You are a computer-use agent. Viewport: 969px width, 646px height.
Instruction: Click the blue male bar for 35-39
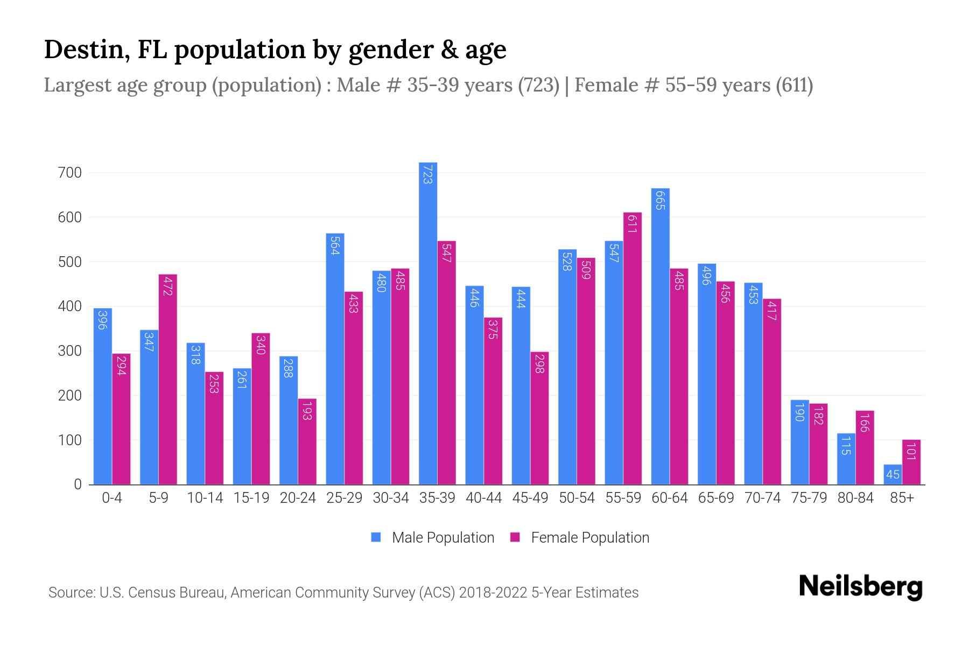click(x=428, y=323)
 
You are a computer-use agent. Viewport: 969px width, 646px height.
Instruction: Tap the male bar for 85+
click(x=893, y=474)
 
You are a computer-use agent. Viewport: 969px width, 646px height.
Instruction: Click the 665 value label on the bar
click(x=661, y=200)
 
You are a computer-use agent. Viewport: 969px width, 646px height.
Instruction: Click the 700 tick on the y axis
click(x=71, y=173)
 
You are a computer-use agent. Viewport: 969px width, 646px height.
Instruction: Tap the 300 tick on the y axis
click(x=71, y=351)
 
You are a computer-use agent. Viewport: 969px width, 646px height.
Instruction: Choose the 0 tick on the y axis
click(x=78, y=484)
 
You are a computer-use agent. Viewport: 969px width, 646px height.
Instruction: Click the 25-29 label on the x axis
click(x=344, y=498)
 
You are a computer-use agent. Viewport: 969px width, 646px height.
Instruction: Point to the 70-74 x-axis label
click(x=762, y=498)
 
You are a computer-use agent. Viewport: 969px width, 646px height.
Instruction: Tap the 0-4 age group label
click(x=112, y=498)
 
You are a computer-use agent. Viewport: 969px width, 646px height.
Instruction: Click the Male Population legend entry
click(x=443, y=538)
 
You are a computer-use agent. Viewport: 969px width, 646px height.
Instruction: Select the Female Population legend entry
click(x=589, y=538)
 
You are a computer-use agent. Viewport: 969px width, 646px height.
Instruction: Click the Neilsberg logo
click(x=860, y=587)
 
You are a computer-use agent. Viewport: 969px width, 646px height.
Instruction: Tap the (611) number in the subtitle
click(x=794, y=85)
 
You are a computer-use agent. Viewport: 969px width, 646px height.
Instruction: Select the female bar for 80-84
click(x=865, y=448)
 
